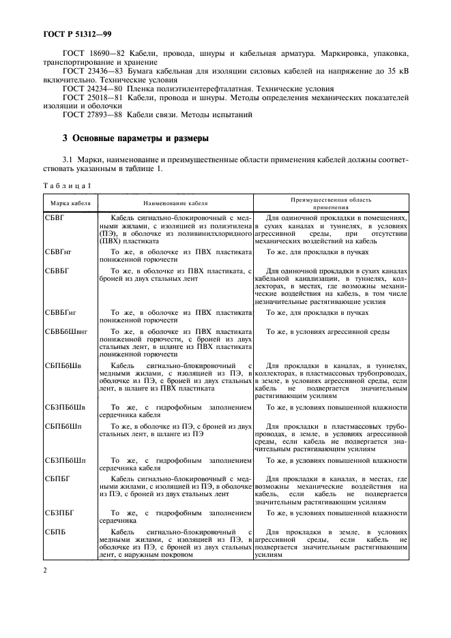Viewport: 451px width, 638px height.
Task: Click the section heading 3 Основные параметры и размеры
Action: coord(135,139)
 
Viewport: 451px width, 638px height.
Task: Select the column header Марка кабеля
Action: coord(69,203)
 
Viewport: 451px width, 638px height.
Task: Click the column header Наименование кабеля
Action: coord(175,203)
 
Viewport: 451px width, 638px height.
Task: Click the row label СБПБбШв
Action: coord(63,366)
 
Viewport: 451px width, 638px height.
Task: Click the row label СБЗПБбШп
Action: coord(66,461)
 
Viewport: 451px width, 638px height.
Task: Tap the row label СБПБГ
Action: coord(58,479)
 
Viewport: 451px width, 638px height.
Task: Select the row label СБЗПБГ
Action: coord(60,513)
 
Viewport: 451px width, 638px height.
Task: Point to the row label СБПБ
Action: coord(56,531)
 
